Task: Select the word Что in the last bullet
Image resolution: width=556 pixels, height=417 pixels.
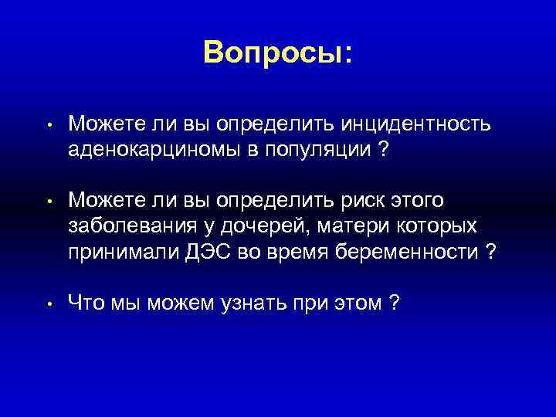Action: [86, 303]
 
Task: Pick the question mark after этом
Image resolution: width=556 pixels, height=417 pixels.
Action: [395, 303]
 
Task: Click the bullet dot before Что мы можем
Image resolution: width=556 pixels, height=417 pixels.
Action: [48, 304]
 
